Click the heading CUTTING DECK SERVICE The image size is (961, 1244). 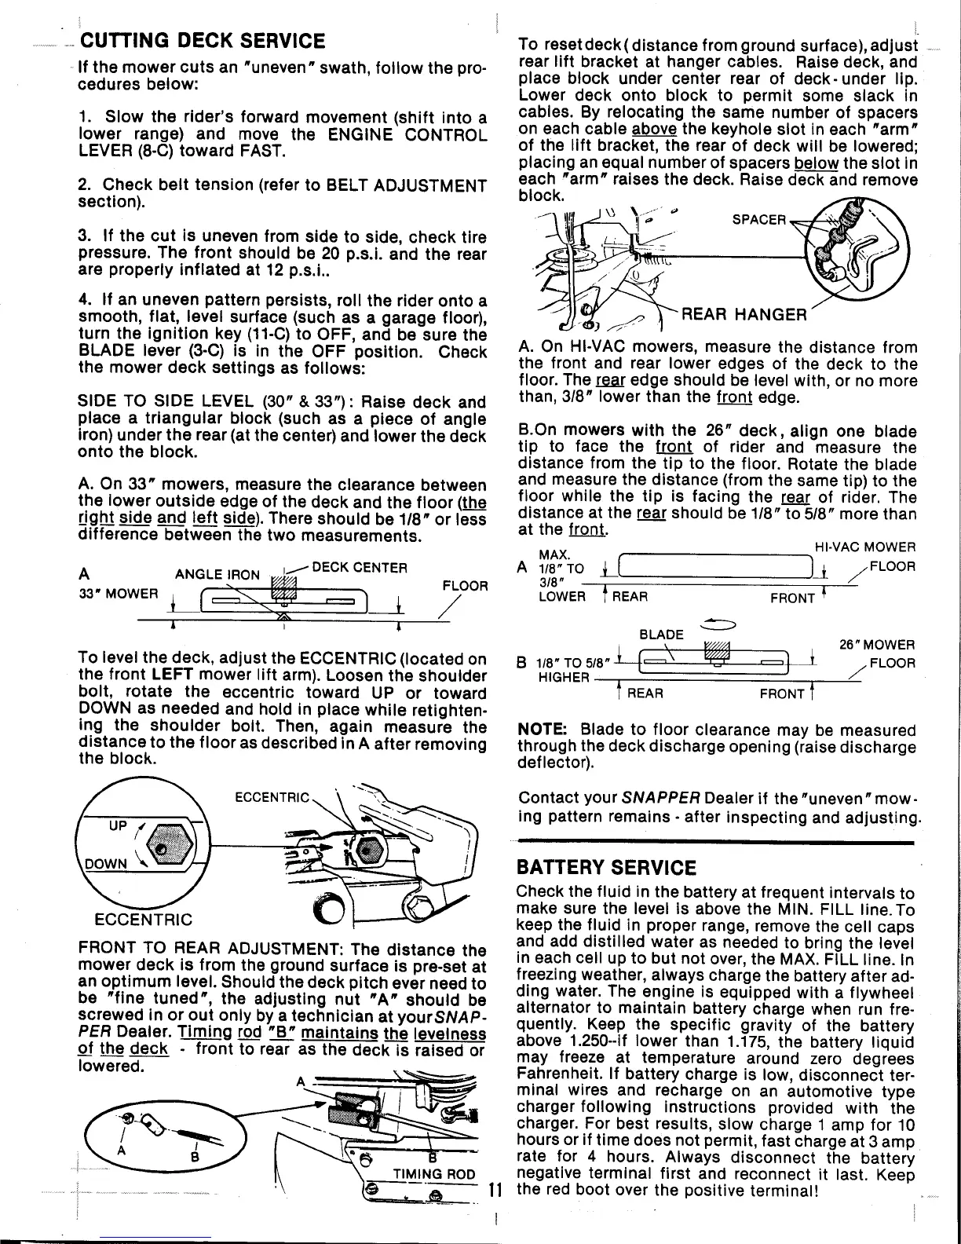pos(203,40)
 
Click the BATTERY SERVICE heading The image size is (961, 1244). pos(606,868)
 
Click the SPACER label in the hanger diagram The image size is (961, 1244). pos(758,219)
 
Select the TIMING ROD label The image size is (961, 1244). pos(433,1175)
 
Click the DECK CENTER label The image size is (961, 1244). pos(360,567)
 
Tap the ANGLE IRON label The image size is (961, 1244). pos(217,574)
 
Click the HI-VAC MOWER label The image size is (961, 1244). pos(866,547)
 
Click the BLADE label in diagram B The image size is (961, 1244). pos(661,635)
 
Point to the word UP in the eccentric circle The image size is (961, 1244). pos(117,828)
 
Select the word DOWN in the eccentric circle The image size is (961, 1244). pos(106,864)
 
